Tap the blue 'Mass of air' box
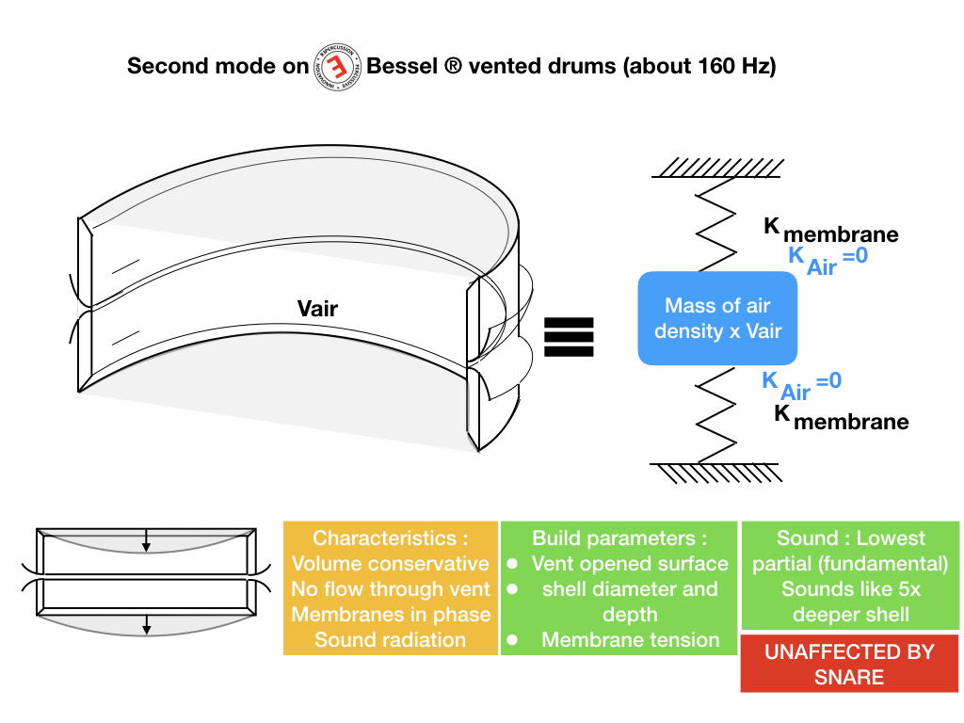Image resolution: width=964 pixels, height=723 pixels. (x=717, y=318)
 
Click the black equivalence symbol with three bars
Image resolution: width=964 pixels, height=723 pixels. (x=570, y=336)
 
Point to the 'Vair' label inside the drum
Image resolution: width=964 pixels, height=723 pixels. (x=317, y=308)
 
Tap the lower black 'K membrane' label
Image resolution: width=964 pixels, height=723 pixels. (x=842, y=417)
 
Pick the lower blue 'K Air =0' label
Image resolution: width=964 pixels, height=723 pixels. (x=801, y=384)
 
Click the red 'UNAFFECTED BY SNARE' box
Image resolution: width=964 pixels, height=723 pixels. (x=849, y=664)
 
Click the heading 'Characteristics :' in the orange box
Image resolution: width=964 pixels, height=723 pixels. (x=390, y=538)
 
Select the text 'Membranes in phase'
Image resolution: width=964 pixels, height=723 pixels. (x=391, y=615)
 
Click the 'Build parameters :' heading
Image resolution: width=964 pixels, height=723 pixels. (x=619, y=538)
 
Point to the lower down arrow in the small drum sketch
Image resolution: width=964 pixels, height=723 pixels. (x=146, y=623)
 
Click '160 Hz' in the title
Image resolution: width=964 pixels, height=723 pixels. (x=731, y=67)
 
